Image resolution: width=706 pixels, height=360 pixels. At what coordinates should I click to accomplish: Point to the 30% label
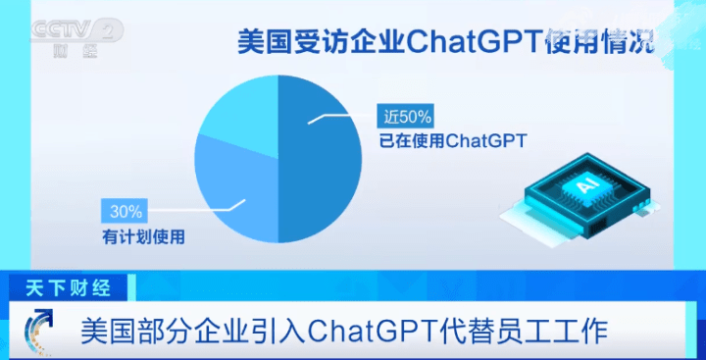[126, 211]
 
